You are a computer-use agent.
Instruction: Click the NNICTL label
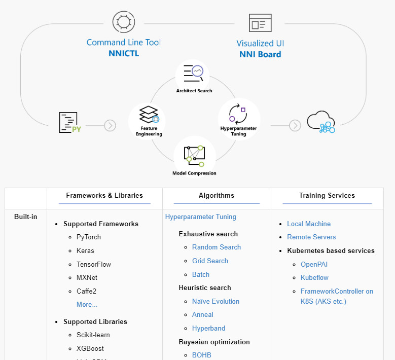click(124, 53)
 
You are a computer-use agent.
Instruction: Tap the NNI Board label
click(260, 54)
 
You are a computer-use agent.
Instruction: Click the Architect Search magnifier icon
click(193, 74)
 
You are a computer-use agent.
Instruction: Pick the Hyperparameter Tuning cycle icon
click(237, 113)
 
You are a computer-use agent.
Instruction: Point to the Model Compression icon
click(194, 156)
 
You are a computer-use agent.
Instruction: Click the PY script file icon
click(70, 123)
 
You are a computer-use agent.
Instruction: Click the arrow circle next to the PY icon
click(110, 125)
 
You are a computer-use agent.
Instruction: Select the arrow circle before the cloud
click(295, 125)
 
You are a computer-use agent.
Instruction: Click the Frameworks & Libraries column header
click(104, 195)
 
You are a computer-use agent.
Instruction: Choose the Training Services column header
click(327, 195)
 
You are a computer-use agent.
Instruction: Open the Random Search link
click(217, 247)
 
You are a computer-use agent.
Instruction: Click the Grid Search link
click(210, 261)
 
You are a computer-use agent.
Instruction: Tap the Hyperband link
click(208, 328)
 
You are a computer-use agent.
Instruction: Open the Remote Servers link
click(311, 237)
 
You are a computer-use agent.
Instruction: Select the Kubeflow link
click(314, 277)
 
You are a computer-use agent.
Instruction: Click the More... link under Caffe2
click(87, 304)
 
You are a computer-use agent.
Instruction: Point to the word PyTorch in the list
click(89, 237)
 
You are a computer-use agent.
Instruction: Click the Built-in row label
click(26, 217)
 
